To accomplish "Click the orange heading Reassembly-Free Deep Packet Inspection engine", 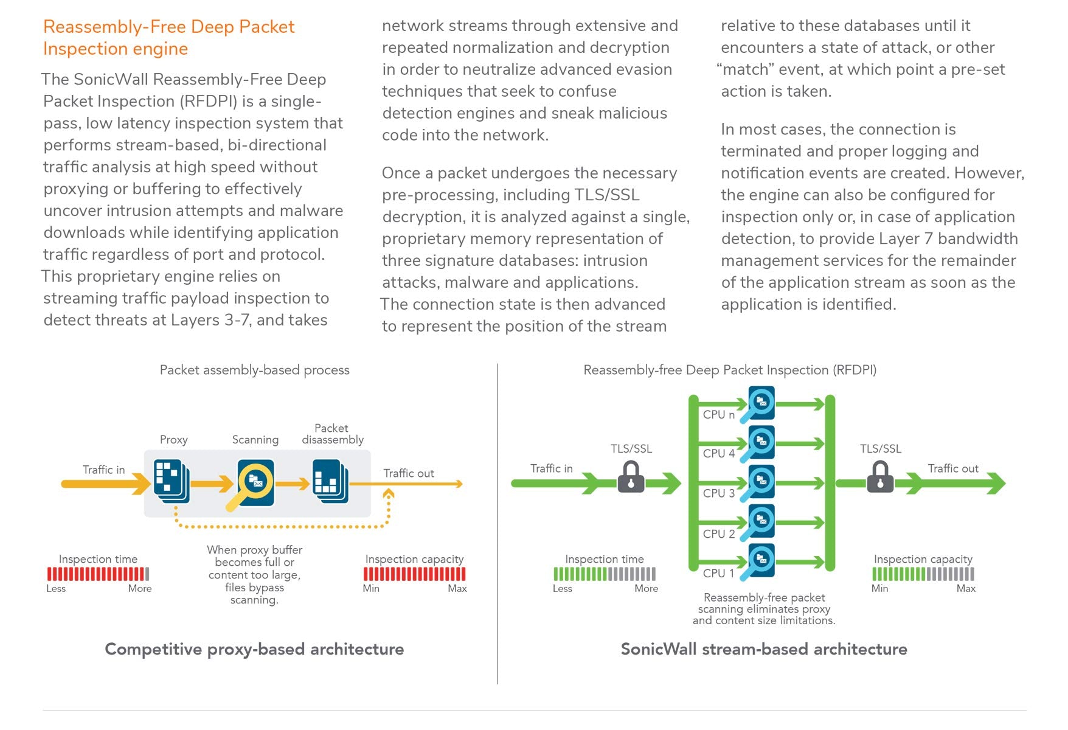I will point(168,38).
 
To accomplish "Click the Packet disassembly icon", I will point(330,481).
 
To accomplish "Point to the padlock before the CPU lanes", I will point(631,478).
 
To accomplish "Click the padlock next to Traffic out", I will point(880,478).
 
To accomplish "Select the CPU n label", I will point(718,415).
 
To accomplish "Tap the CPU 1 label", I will point(718,573).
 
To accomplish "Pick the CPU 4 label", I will point(718,454).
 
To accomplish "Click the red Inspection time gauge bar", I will point(98,574).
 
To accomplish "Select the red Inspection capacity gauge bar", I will point(414,574).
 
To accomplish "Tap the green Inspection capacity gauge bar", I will point(923,574).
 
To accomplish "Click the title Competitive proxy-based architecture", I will point(254,649).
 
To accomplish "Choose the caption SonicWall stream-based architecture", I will point(763,649).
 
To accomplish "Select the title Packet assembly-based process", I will point(254,370).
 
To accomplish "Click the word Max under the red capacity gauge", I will point(457,588).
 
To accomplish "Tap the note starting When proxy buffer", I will point(254,574).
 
